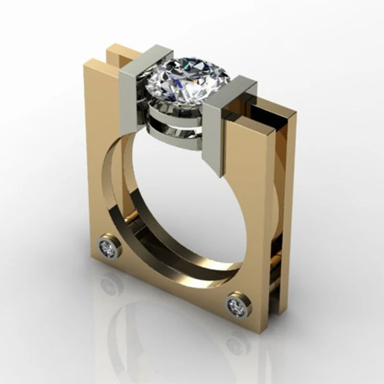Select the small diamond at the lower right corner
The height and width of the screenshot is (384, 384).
pos(236,304)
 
